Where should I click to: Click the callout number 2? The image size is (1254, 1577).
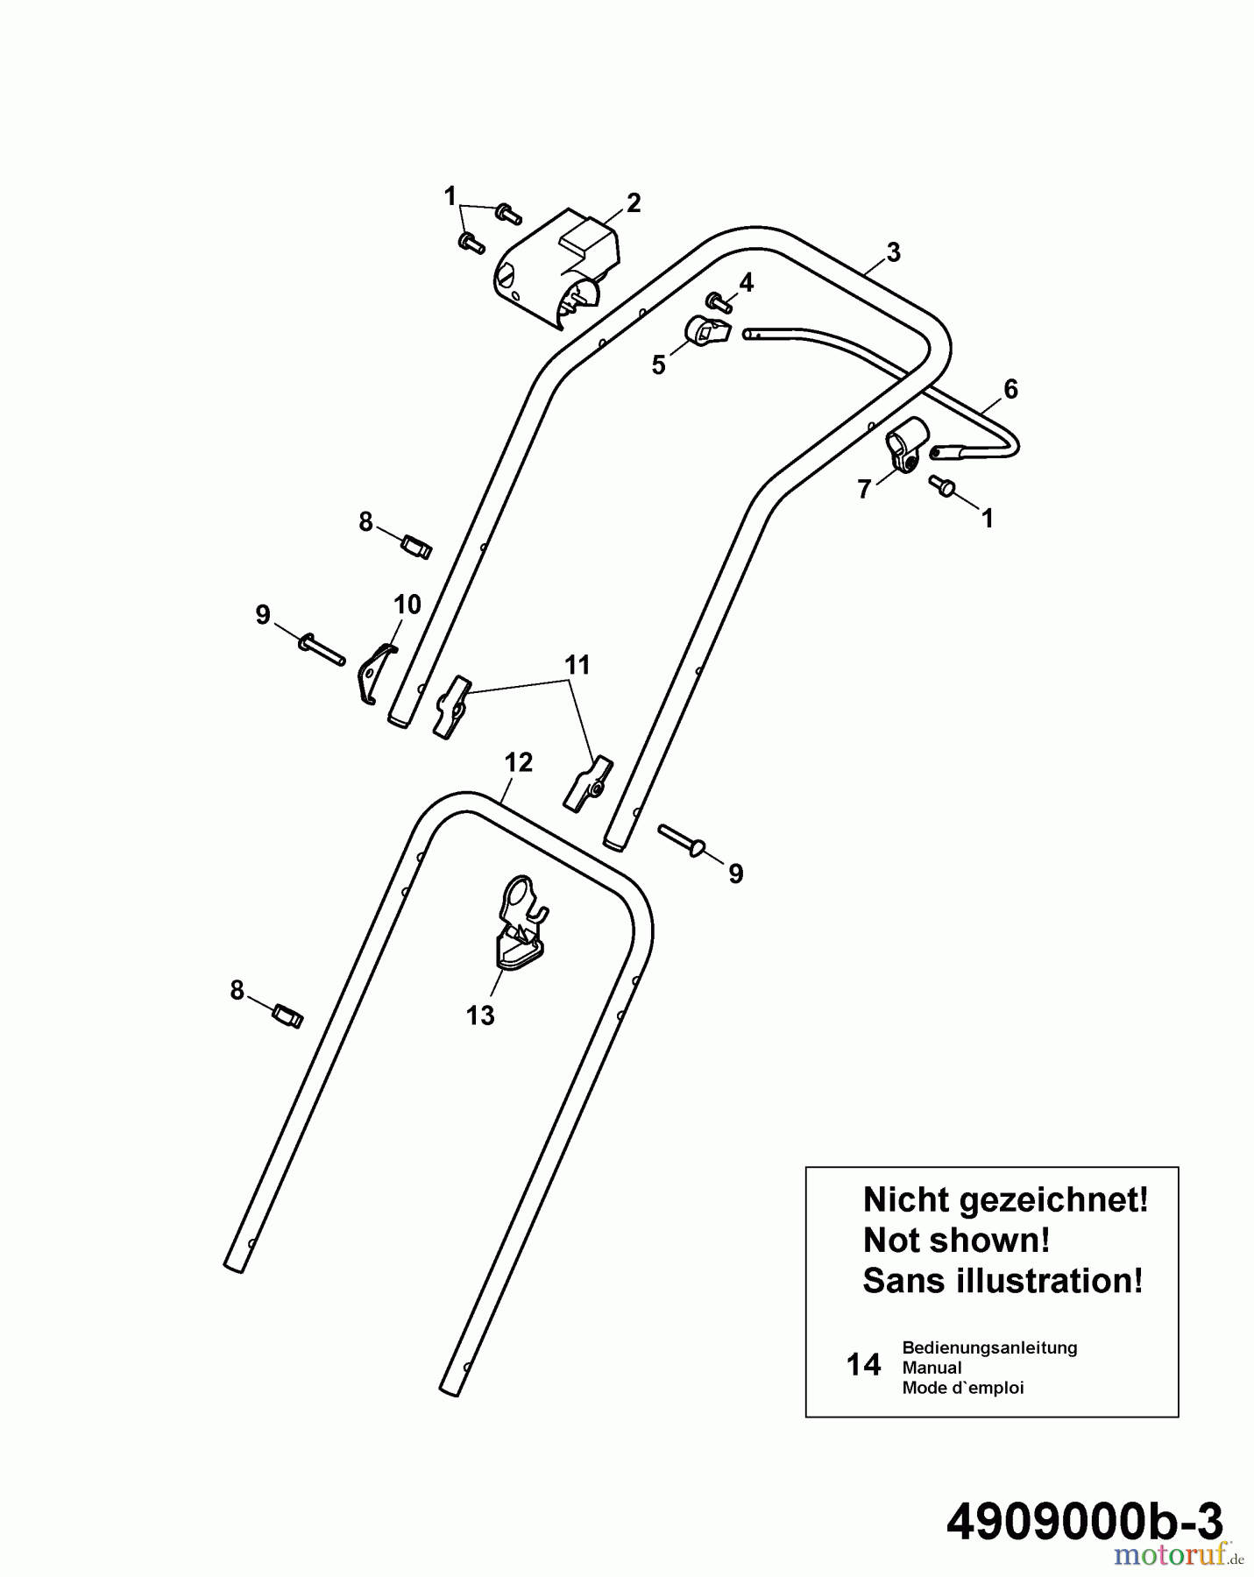(633, 203)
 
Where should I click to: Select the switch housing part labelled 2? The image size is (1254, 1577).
(556, 270)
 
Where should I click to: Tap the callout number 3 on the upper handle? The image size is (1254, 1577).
(893, 252)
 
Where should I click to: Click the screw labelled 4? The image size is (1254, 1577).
(720, 303)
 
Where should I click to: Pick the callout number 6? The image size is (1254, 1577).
(1010, 389)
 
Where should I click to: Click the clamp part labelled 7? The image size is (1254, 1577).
(904, 445)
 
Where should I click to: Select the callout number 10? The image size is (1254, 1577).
(407, 605)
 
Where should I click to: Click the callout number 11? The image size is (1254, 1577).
(577, 665)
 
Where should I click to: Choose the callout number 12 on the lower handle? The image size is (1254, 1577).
(519, 762)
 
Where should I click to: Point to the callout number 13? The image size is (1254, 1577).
(480, 1015)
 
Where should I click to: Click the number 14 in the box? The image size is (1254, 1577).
(863, 1365)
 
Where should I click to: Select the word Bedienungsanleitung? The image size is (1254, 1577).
(989, 1347)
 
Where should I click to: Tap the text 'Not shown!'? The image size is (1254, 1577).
(956, 1240)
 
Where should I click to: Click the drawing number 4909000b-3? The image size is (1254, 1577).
(1084, 1522)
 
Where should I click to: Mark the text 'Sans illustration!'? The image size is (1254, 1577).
(1003, 1281)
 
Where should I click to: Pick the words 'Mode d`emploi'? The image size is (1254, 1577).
(963, 1388)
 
